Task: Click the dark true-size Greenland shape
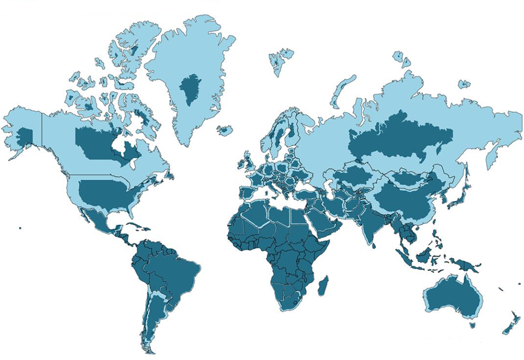[190, 88]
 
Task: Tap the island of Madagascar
[323, 285]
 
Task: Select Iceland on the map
[225, 130]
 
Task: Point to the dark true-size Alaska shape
[25, 136]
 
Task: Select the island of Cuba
[134, 226]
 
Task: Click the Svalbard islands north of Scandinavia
[280, 59]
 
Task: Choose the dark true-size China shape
[404, 200]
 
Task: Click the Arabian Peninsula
[327, 220]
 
